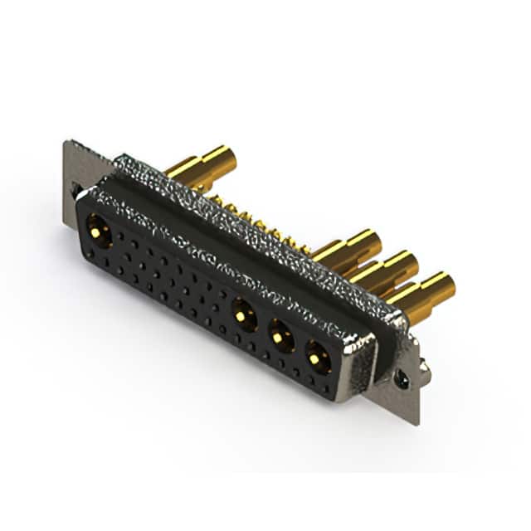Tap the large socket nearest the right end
click(x=318, y=358)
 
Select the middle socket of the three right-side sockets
click(x=281, y=336)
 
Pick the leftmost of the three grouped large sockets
click(x=244, y=315)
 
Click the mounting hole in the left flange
click(x=76, y=190)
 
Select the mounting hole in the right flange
click(x=401, y=378)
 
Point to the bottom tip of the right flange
click(x=417, y=422)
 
